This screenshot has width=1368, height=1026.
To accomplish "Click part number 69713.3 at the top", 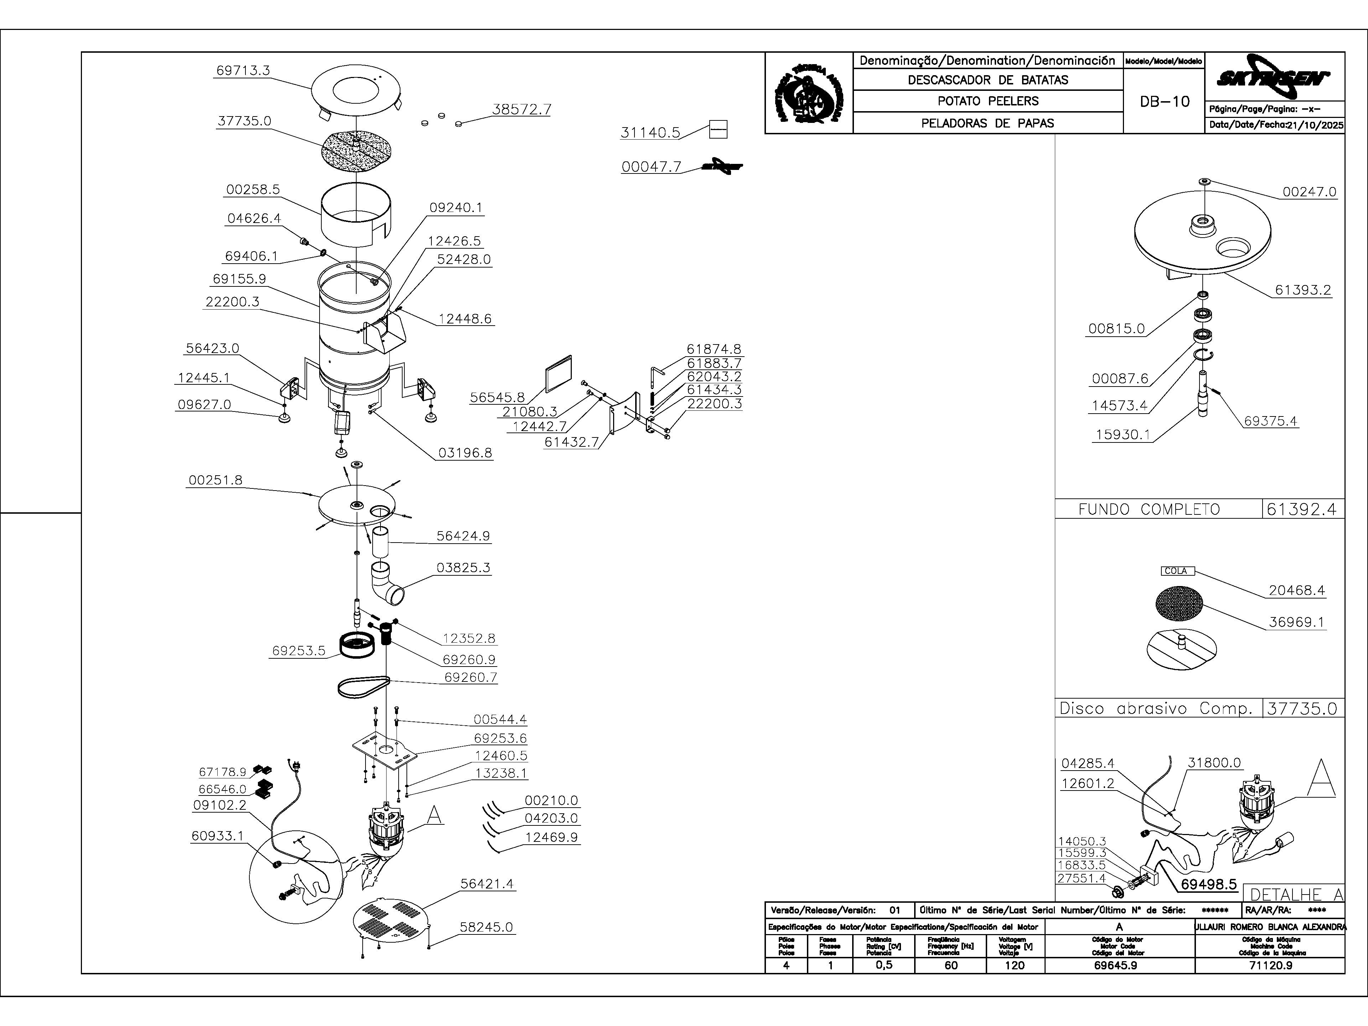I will pyautogui.click(x=243, y=71).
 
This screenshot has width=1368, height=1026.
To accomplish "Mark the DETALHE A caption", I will pyautogui.click(x=1296, y=894).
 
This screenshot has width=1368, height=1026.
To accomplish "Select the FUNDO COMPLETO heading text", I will pyautogui.click(x=1149, y=509).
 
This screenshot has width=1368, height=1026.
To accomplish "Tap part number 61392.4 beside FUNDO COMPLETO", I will pyautogui.click(x=1301, y=509).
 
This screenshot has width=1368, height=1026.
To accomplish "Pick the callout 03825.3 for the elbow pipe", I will pyautogui.click(x=463, y=568).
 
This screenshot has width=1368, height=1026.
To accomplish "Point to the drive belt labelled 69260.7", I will pyautogui.click(x=363, y=687).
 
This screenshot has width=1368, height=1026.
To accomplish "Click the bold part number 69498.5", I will pyautogui.click(x=1208, y=884).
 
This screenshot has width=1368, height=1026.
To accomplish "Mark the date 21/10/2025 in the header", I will pyautogui.click(x=1315, y=125).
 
